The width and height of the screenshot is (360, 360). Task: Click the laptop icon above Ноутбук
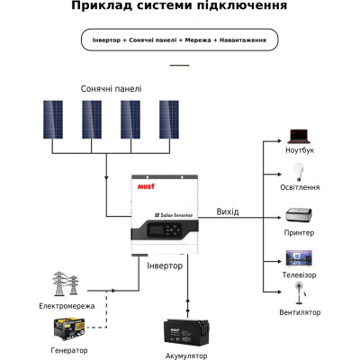click(299, 137)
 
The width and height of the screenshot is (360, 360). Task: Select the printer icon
click(299, 216)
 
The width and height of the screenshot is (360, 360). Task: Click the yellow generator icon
click(67, 327)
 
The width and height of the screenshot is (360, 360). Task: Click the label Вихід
click(228, 211)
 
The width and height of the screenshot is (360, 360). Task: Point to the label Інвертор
click(164, 266)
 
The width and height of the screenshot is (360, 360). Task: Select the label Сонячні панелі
click(111, 89)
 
